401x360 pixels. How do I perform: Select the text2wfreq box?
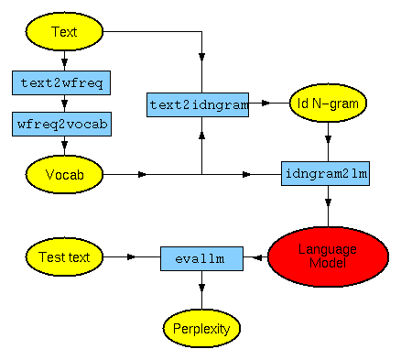click(x=63, y=82)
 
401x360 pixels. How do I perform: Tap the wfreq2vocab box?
click(x=63, y=124)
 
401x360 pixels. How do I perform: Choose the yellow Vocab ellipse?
click(x=64, y=172)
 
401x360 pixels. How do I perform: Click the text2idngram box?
click(x=199, y=104)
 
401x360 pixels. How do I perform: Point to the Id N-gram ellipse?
click(x=328, y=104)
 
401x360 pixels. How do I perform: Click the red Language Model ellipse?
click(x=328, y=256)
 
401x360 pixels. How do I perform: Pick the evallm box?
click(x=201, y=258)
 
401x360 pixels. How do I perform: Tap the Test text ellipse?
click(x=64, y=257)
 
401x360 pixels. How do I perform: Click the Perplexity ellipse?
click(x=201, y=325)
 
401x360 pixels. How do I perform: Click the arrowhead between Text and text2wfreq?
click(x=63, y=60)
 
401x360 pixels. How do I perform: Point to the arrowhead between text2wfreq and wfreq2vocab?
click(x=63, y=103)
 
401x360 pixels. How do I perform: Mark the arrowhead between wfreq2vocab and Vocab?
click(x=63, y=145)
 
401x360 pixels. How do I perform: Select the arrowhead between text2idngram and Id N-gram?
click(x=266, y=104)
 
